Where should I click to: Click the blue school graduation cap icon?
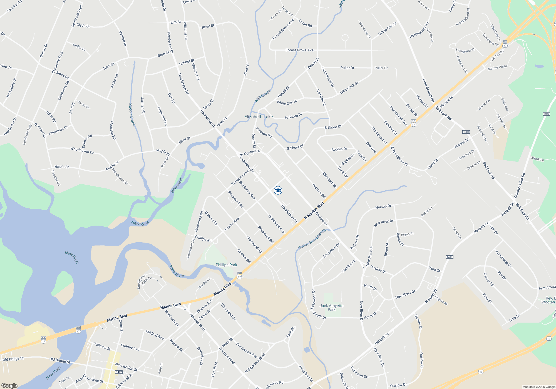point(278,190)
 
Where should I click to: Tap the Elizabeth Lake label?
point(259,117)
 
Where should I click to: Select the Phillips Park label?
point(226,265)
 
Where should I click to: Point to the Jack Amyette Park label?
point(331,308)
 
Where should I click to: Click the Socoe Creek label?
point(132,114)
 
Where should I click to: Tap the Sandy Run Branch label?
point(312,240)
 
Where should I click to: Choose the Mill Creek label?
point(263,96)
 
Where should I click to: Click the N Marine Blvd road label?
point(314,211)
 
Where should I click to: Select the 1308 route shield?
point(466,132)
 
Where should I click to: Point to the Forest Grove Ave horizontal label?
point(299,50)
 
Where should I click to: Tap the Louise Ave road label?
point(232,224)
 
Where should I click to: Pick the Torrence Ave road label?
point(240,178)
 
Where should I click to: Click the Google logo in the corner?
point(9,385)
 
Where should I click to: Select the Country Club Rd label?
point(520,185)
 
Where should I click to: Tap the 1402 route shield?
point(119,372)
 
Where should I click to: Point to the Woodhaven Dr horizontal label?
point(82,150)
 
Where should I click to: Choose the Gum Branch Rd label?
point(428,90)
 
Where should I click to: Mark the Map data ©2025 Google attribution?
point(538,387)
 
